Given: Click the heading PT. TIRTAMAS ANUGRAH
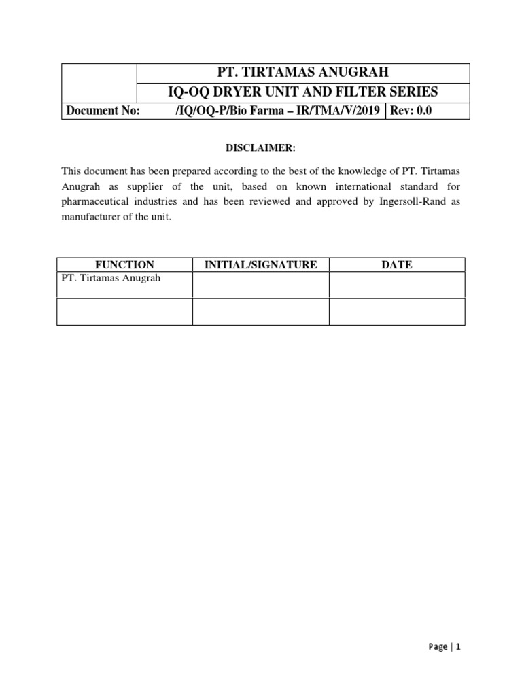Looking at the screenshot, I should (303, 73).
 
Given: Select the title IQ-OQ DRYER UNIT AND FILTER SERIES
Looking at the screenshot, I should (303, 92).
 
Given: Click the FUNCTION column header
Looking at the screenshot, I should (124, 264).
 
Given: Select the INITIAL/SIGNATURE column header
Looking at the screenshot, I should (260, 264).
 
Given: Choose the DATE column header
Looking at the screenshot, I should (397, 264).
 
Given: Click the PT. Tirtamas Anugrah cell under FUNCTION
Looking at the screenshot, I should (111, 279).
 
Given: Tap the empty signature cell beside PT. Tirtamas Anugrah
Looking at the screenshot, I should (260, 285).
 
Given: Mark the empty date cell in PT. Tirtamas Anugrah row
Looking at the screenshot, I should (397, 285).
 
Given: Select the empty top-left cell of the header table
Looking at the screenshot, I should (99, 82).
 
